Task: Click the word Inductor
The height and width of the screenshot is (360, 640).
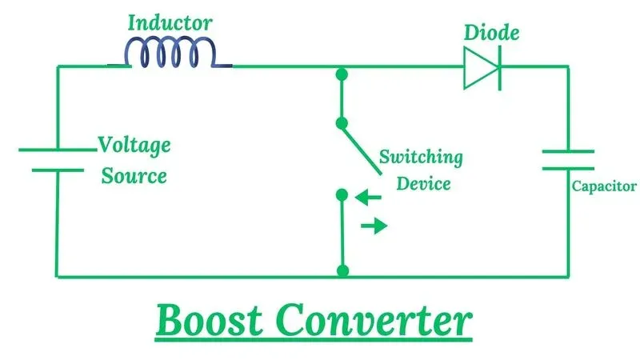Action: point(170,22)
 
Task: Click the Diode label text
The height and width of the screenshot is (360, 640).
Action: point(491,33)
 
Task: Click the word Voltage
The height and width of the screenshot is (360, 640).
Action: point(134,146)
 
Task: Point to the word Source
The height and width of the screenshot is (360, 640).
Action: point(134,174)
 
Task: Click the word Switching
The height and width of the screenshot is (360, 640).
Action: point(421,156)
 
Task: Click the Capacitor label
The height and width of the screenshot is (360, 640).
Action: point(604,186)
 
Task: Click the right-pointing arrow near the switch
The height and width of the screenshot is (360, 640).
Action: point(374,226)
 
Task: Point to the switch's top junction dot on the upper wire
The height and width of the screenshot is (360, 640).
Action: point(342,75)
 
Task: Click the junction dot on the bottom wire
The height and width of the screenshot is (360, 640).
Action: point(342,271)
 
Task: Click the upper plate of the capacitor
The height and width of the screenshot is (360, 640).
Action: point(568,150)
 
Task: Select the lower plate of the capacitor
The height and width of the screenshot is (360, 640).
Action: point(568,168)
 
